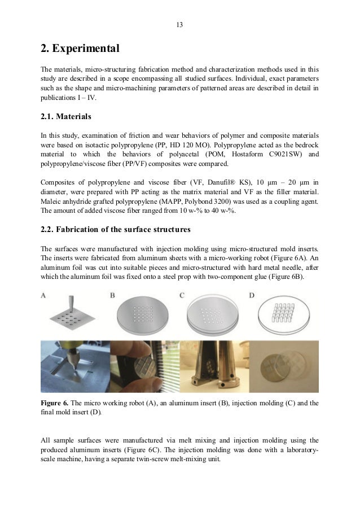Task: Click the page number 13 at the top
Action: (x=179, y=25)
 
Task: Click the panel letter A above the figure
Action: (x=45, y=295)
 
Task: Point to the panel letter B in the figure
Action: (x=112, y=295)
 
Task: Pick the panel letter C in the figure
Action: (x=182, y=295)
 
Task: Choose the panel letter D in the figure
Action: (x=252, y=295)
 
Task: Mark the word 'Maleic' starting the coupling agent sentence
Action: (x=51, y=202)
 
